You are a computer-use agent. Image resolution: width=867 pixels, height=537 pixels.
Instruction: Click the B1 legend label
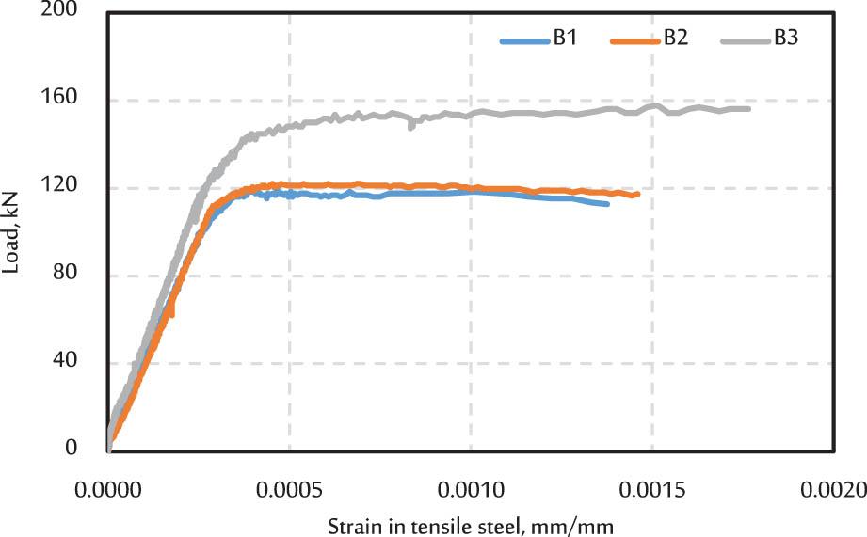click(x=564, y=39)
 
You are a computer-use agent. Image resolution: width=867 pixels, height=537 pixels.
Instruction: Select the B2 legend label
click(x=674, y=39)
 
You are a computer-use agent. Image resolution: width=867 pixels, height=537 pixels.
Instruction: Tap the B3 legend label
click(x=786, y=39)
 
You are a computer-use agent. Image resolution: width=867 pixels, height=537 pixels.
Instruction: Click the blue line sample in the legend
click(x=523, y=40)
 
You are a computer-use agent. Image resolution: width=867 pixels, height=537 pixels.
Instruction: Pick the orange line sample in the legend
click(x=634, y=40)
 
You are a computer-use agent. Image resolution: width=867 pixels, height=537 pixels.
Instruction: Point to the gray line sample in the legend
click(x=745, y=40)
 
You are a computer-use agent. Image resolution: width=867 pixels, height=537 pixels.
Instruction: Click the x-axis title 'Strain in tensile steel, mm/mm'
click(x=471, y=522)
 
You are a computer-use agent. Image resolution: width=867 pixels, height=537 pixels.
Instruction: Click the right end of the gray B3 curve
click(x=748, y=109)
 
